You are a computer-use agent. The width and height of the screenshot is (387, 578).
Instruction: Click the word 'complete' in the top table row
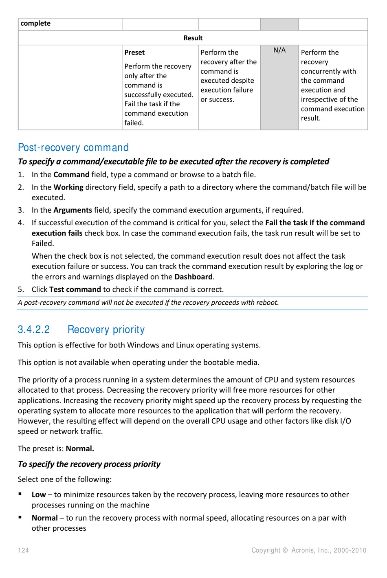coord(35,24)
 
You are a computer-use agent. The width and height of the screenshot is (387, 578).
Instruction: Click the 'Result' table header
coord(193,38)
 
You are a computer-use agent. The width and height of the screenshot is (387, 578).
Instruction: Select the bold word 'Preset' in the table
coord(134,53)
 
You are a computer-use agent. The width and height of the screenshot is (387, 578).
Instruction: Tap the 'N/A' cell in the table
coord(279,50)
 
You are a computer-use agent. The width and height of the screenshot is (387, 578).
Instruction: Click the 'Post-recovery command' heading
coord(73,147)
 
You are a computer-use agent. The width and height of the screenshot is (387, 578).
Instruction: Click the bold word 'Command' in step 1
coord(71,175)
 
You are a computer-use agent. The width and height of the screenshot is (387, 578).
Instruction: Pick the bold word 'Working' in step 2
coord(68,187)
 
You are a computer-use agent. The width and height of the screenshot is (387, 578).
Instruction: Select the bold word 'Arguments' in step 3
coord(73,210)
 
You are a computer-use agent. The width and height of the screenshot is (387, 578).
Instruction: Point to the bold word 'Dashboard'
coord(193,277)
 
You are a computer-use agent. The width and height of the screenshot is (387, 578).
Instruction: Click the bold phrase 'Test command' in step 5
coord(75,290)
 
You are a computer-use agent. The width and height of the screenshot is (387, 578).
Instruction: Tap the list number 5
coord(21,290)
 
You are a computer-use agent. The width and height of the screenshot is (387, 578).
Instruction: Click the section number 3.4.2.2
coord(34,330)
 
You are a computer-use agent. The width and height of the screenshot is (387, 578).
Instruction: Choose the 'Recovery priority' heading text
coord(106,330)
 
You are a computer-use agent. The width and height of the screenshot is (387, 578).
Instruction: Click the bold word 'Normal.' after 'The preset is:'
coord(80,449)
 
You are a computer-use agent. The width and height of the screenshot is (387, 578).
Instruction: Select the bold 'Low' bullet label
coord(39,495)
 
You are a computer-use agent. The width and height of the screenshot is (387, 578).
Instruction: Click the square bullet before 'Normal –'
coord(20,517)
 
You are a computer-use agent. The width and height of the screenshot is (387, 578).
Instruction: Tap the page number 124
coord(23,550)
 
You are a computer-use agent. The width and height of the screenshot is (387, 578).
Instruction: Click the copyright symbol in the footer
coord(285,550)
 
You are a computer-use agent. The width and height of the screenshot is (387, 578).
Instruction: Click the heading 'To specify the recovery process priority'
coord(89,464)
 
